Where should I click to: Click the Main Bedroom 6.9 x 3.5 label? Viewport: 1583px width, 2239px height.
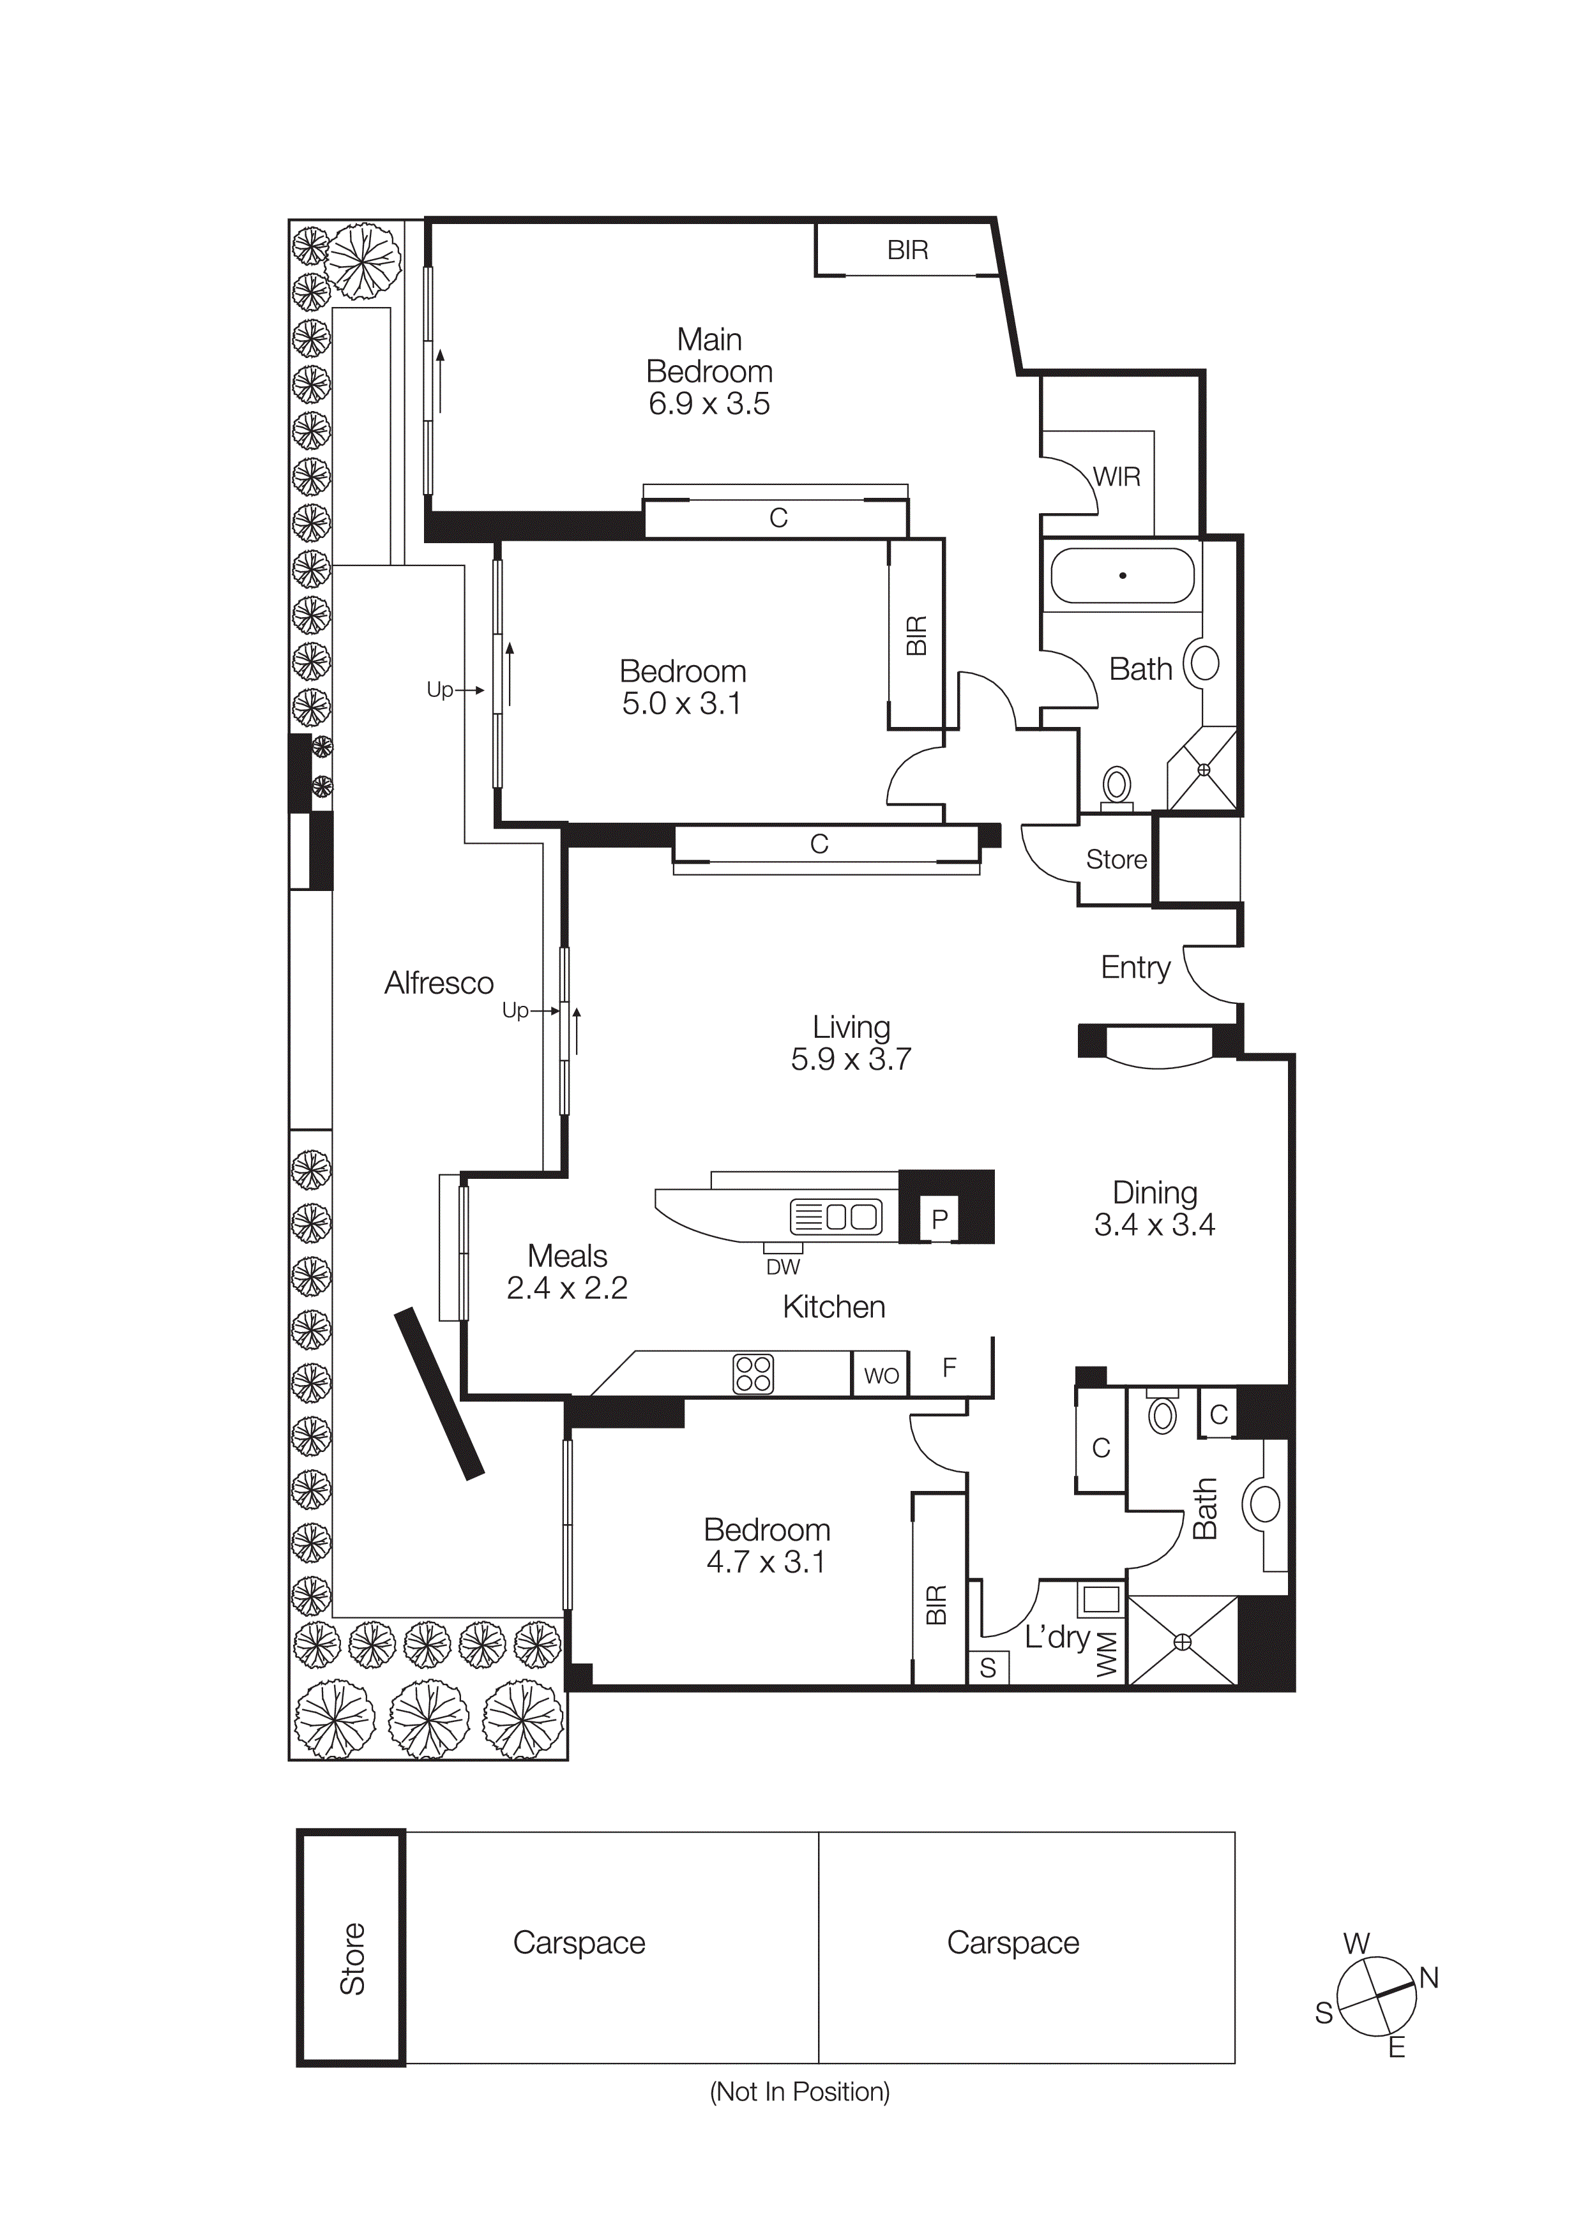(x=709, y=371)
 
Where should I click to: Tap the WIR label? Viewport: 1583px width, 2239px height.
(x=1116, y=477)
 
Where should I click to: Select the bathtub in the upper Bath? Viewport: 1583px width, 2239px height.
(x=1122, y=575)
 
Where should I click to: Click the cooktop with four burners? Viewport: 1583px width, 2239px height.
(x=752, y=1374)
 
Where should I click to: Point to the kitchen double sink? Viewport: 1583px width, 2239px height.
(x=836, y=1216)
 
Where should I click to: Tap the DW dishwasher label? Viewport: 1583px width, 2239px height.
(x=782, y=1267)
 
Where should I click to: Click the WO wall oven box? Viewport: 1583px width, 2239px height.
(x=881, y=1375)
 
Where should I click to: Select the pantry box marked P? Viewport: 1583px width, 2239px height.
(x=939, y=1219)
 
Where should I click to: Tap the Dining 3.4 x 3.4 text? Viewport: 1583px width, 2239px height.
(x=1154, y=1208)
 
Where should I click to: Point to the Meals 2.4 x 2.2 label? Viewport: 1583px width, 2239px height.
(x=566, y=1271)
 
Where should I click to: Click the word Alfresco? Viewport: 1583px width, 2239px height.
(x=439, y=983)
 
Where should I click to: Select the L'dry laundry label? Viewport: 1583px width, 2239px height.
(x=1056, y=1636)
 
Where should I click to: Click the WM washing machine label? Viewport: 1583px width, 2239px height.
(x=1105, y=1655)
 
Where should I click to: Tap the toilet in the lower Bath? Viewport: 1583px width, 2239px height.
(x=1162, y=1414)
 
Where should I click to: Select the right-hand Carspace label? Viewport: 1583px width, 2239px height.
(x=1012, y=1943)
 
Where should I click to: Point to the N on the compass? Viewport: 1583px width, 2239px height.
(x=1429, y=1978)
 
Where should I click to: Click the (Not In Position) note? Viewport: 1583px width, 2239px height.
(x=799, y=2091)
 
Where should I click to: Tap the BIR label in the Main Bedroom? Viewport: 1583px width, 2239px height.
(x=907, y=251)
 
